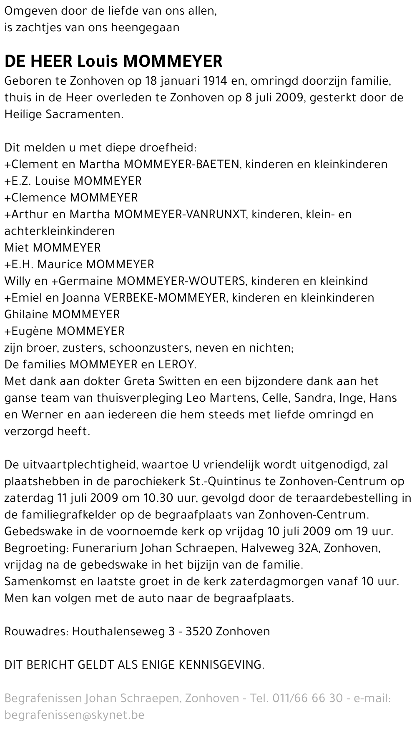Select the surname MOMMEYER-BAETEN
pyautogui.click(x=181, y=164)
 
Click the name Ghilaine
pyautogui.click(x=27, y=315)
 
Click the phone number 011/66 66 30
pyautogui.click(x=307, y=698)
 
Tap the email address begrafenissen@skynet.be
pyautogui.click(x=74, y=715)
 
